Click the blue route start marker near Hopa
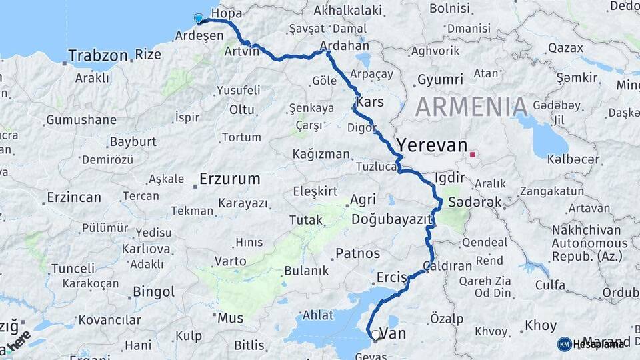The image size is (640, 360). pyautogui.click(x=198, y=19)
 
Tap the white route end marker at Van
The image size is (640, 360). pyautogui.click(x=375, y=335)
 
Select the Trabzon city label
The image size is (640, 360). pyautogui.click(x=97, y=55)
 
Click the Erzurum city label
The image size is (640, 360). pyautogui.click(x=229, y=179)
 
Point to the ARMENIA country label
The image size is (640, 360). pyautogui.click(x=472, y=107)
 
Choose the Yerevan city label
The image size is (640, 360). pyautogui.click(x=432, y=145)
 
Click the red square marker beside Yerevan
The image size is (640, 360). pyautogui.click(x=473, y=155)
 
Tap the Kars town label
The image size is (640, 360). pyautogui.click(x=370, y=102)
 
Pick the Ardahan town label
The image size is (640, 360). pyautogui.click(x=345, y=46)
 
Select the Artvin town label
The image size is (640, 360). pyautogui.click(x=241, y=51)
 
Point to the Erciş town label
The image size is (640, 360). pyautogui.click(x=391, y=277)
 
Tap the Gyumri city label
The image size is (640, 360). pyautogui.click(x=439, y=80)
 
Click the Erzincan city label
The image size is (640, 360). pyautogui.click(x=73, y=197)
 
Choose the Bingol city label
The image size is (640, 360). pyautogui.click(x=153, y=291)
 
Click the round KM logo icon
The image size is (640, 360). pyautogui.click(x=564, y=343)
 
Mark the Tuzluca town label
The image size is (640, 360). pyautogui.click(x=376, y=166)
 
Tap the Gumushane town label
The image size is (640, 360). pyautogui.click(x=81, y=121)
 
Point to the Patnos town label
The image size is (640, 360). pyautogui.click(x=357, y=253)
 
